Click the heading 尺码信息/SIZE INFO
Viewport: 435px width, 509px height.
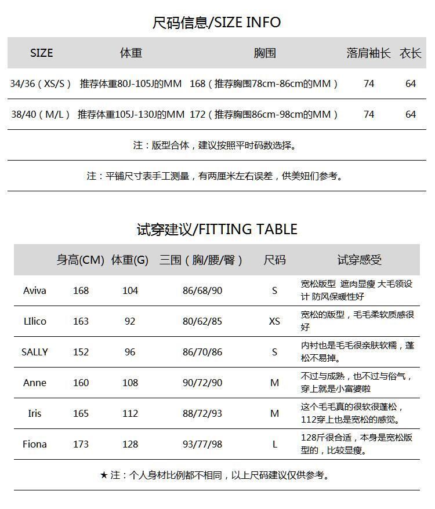click(x=216, y=23)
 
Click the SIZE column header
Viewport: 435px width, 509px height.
click(x=41, y=53)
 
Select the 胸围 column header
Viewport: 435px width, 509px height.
click(x=264, y=53)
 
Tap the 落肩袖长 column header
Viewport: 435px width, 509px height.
click(x=368, y=53)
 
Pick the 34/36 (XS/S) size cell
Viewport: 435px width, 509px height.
click(x=41, y=83)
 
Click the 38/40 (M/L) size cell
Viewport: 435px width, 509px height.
click(x=41, y=114)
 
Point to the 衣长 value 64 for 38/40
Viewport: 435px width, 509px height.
click(x=411, y=114)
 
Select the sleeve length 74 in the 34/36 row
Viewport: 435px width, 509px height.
click(x=369, y=83)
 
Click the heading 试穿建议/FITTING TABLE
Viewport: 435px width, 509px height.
click(x=216, y=230)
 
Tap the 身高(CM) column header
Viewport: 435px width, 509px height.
click(x=80, y=260)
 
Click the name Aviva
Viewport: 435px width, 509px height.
click(x=34, y=290)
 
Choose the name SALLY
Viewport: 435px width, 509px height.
click(x=34, y=352)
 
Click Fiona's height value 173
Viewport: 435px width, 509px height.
click(x=81, y=444)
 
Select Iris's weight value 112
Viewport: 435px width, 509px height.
click(x=130, y=413)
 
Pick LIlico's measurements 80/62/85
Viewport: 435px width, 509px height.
click(x=202, y=321)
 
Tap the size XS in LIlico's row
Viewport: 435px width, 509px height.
click(x=274, y=321)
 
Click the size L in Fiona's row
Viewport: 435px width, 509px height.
click(x=274, y=444)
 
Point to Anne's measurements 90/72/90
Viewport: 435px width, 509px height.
click(x=202, y=383)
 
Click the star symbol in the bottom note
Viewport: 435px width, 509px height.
click(x=104, y=475)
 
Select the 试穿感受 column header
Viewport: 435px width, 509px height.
click(x=360, y=260)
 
